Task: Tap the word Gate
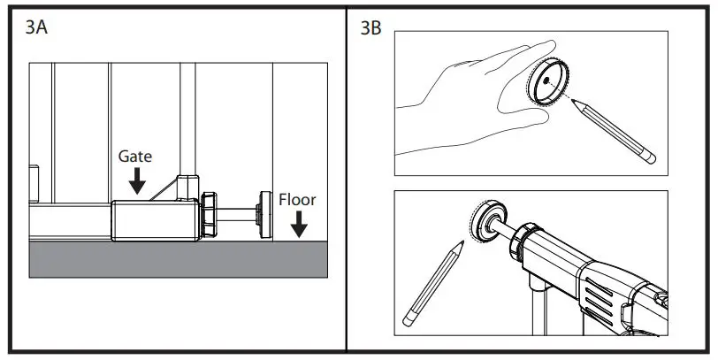[x=135, y=156]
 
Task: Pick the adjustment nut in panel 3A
[x=208, y=214]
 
